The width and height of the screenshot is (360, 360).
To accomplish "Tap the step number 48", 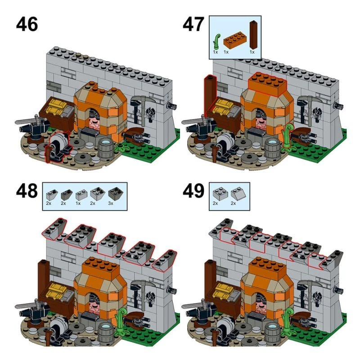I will (x=27, y=191).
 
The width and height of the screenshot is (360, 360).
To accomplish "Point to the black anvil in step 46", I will (x=31, y=125).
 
